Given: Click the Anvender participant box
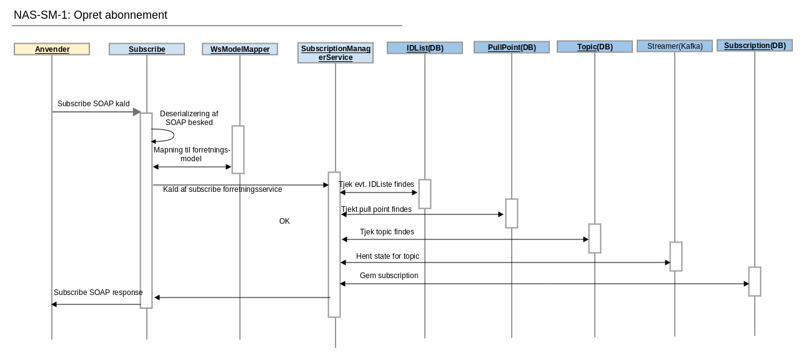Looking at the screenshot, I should (x=52, y=49).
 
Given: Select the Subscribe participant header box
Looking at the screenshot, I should (x=147, y=49).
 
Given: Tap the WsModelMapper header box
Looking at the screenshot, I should (x=240, y=49).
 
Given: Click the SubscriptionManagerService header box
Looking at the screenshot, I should (x=336, y=53).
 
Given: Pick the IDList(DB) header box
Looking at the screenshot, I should (x=425, y=48).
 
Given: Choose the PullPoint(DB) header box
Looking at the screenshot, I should (x=512, y=47).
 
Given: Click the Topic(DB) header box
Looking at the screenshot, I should (x=595, y=47).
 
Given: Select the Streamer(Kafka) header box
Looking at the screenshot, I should (x=675, y=46).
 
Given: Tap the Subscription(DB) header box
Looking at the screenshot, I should (x=755, y=46).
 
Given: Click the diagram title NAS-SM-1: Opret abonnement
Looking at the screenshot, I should (x=91, y=15).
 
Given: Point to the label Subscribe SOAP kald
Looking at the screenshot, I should (x=94, y=104).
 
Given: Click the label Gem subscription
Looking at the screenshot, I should (x=389, y=276).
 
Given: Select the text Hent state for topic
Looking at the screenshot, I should (x=387, y=256).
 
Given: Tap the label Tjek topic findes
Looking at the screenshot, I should (x=387, y=232).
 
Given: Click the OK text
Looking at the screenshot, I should (x=284, y=221).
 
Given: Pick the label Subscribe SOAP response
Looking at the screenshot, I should (x=98, y=292).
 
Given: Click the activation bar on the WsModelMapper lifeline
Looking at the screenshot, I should (x=238, y=149).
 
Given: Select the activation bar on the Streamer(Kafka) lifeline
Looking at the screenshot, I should (x=675, y=256).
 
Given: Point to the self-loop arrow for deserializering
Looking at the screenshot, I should (x=164, y=136).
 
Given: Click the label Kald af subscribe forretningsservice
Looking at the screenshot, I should (x=222, y=189).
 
